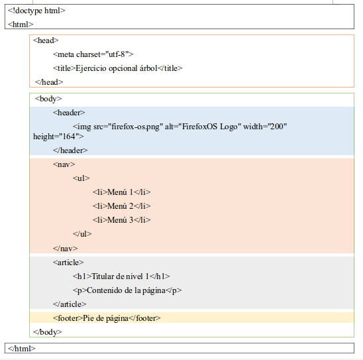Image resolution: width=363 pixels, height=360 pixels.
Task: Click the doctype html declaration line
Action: point(36,11)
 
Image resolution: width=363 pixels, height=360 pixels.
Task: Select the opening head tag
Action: point(46,40)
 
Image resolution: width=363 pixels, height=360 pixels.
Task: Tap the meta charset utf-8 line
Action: point(93,54)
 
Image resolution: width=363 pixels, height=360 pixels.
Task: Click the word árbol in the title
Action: point(148,68)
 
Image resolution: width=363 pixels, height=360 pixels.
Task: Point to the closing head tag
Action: point(49,82)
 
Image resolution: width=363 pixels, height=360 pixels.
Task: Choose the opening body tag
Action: point(48,99)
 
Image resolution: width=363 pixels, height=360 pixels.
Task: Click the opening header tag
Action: point(69,113)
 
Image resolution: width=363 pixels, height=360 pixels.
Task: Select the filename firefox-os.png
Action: point(135,127)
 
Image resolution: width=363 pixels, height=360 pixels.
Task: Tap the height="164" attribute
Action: point(58,137)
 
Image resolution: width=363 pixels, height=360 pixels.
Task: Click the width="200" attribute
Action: point(265,127)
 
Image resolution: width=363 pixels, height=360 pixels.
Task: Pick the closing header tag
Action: point(70,150)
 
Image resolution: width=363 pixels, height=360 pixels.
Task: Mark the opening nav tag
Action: point(64,164)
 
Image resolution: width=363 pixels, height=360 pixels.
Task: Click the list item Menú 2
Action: point(121,206)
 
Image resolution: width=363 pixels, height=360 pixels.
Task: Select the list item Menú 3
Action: point(121,220)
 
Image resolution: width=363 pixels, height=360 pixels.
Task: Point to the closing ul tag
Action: point(82,234)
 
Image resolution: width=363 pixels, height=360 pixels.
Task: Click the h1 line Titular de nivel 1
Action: point(121,276)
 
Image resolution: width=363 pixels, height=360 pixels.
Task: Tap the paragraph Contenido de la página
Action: point(127,290)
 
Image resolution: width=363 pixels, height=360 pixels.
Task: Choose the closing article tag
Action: point(70,304)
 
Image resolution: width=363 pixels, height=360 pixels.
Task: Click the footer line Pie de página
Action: point(107,318)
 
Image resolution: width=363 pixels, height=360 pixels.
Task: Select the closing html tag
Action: point(22,349)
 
